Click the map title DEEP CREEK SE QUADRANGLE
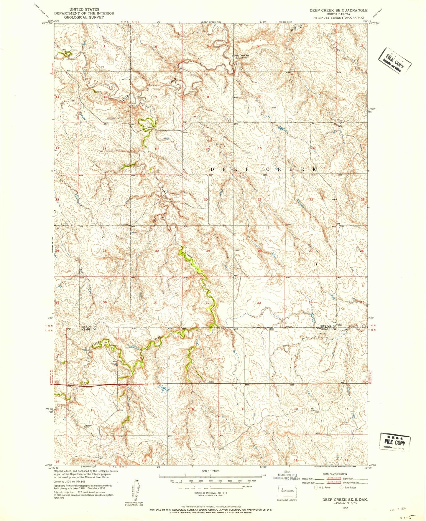(338, 10)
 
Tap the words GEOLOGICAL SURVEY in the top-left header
(84, 17)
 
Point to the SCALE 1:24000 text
(210, 471)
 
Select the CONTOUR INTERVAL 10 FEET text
(210, 493)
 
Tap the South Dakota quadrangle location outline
(288, 491)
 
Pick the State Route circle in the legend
(342, 487)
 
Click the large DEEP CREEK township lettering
(264, 169)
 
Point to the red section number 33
(259, 303)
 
